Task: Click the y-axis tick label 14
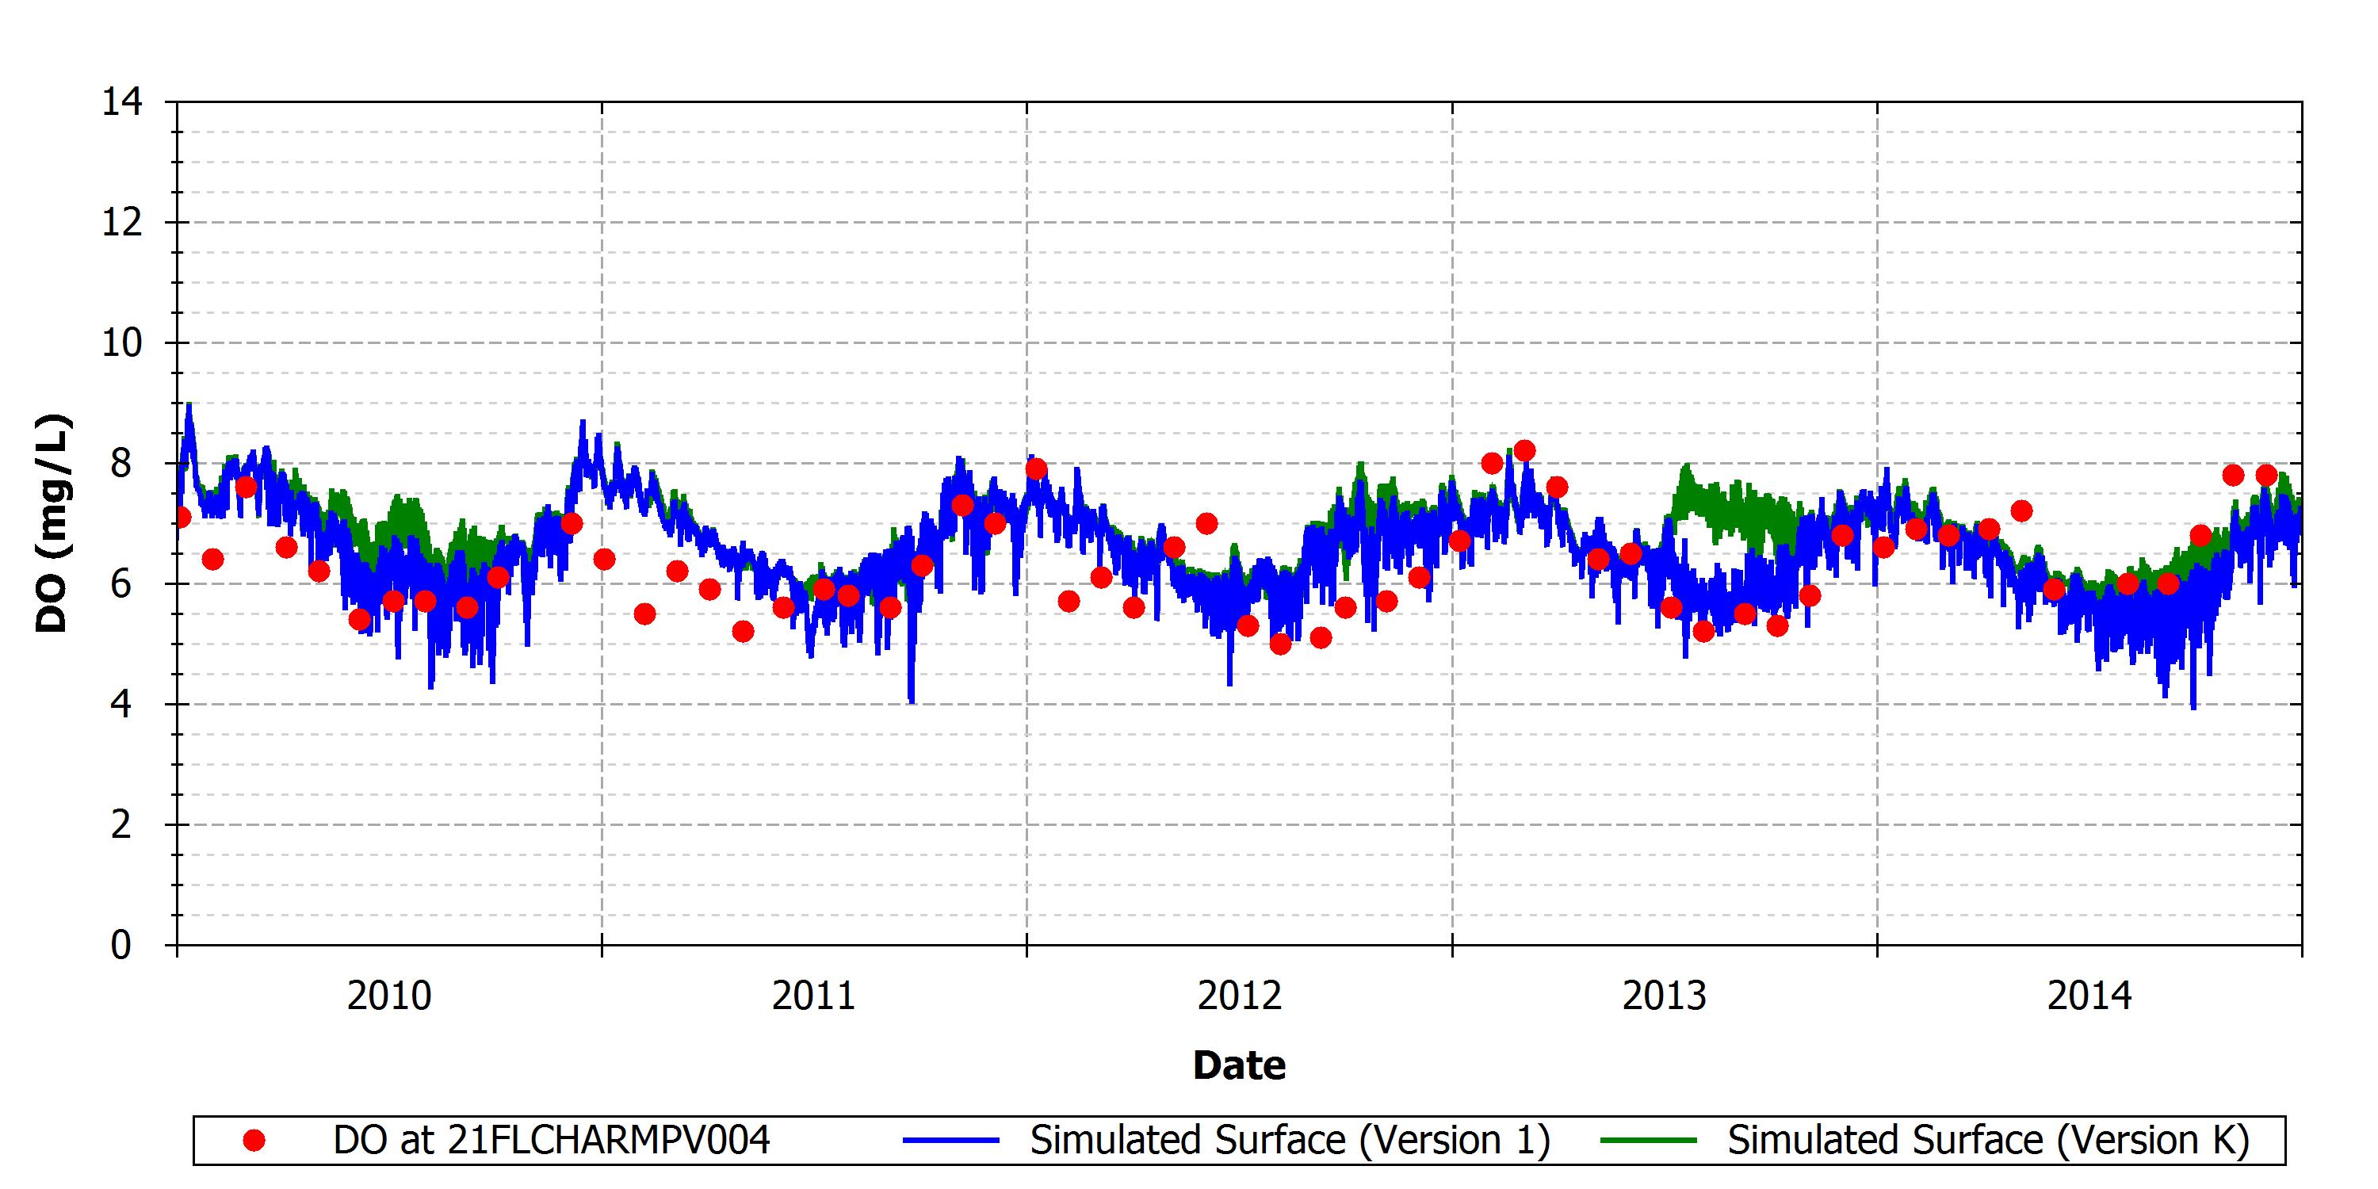tap(122, 101)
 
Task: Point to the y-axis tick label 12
tap(122, 223)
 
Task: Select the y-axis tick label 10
tap(122, 343)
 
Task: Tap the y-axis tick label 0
tap(121, 946)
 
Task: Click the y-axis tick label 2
tap(121, 825)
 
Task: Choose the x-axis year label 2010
tap(388, 996)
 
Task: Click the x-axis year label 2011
tap(813, 996)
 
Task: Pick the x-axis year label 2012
tap(1239, 996)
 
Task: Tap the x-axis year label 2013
tap(1665, 996)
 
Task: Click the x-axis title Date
tap(1239, 1065)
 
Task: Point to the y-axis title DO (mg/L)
tap(52, 523)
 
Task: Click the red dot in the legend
tap(254, 1141)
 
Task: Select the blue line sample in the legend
tap(951, 1141)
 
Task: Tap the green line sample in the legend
tap(1649, 1141)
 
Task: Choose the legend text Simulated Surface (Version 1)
tap(1290, 1141)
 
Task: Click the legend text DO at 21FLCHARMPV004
tap(551, 1141)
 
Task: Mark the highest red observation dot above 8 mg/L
tap(1524, 450)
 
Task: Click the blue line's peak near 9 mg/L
tap(189, 404)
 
